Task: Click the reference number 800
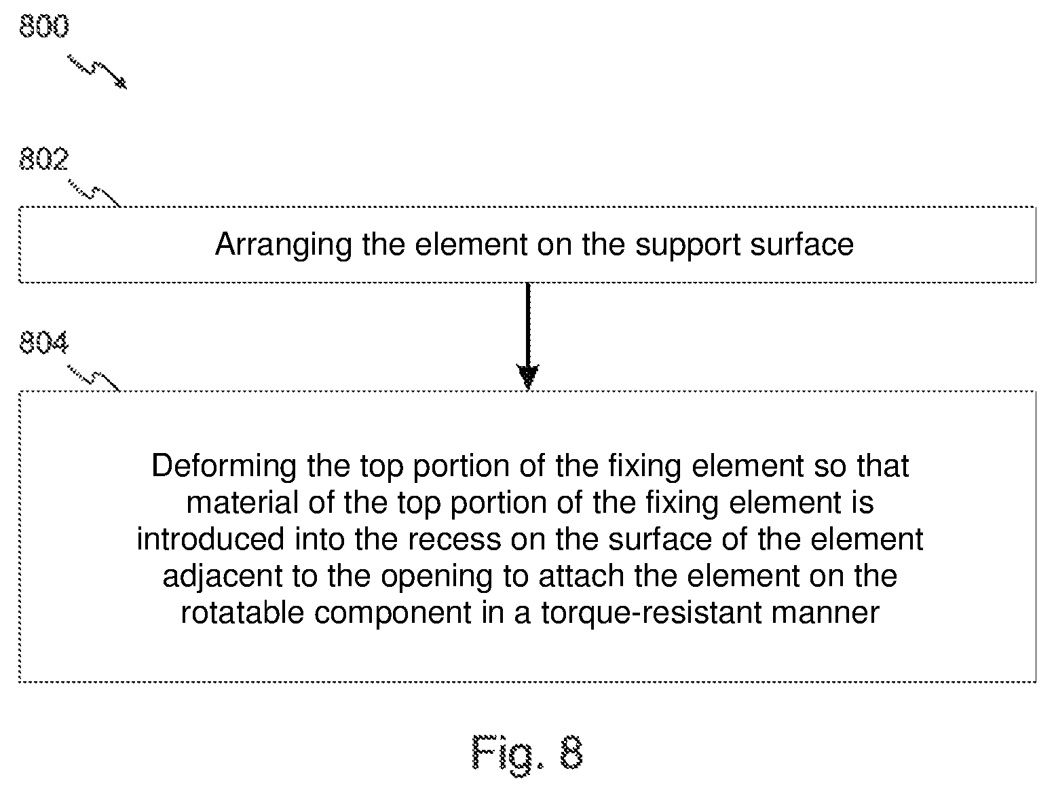(43, 26)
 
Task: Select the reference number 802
(43, 159)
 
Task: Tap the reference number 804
(43, 343)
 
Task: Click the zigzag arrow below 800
(97, 72)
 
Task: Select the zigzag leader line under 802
(94, 194)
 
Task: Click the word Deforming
(224, 467)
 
